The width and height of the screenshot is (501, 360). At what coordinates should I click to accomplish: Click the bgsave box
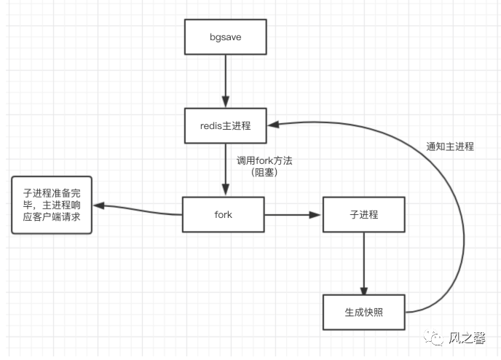(225, 36)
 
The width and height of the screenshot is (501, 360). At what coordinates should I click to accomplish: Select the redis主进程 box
(225, 125)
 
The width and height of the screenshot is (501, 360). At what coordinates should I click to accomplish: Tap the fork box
(224, 215)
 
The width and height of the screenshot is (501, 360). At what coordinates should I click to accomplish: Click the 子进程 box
(363, 215)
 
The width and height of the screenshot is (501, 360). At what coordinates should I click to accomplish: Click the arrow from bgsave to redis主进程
(225, 80)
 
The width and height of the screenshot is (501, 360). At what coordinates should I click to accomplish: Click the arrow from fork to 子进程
(291, 215)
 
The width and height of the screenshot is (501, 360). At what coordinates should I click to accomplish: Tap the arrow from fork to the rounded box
(138, 211)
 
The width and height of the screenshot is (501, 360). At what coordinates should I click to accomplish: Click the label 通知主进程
(449, 146)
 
